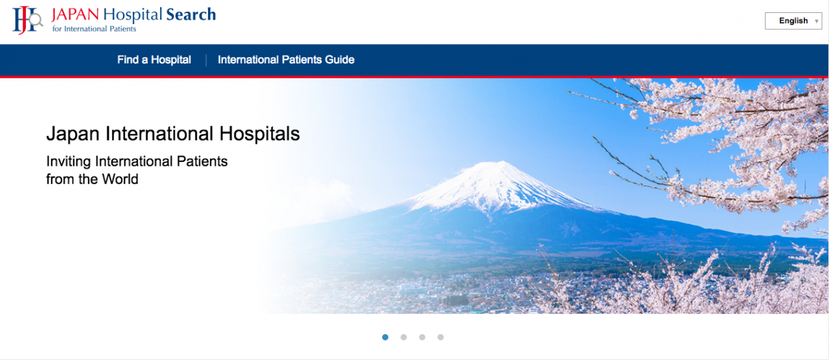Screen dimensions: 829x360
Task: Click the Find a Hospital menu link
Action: [154, 60]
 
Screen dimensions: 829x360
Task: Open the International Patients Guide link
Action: [286, 60]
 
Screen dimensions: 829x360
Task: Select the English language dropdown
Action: [793, 21]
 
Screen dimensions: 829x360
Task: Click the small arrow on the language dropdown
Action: [817, 21]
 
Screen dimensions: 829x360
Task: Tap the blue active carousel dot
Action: [385, 337]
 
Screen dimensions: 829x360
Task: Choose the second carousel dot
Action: [403, 337]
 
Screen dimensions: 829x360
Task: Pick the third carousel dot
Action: [422, 337]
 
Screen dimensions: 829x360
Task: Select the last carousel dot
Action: [440, 337]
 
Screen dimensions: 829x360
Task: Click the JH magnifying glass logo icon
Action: [27, 20]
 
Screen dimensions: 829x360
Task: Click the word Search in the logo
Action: [191, 14]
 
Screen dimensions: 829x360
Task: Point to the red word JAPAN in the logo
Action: [75, 14]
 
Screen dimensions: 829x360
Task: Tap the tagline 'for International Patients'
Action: [94, 29]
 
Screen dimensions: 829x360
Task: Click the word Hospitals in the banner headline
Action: [260, 133]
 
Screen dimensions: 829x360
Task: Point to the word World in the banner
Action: [120, 179]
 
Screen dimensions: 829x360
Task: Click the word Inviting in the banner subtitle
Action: [69, 162]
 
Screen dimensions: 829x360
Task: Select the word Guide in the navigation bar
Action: [340, 60]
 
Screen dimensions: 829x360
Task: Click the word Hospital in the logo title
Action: [133, 15]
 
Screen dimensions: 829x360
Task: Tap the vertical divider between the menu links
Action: [206, 60]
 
